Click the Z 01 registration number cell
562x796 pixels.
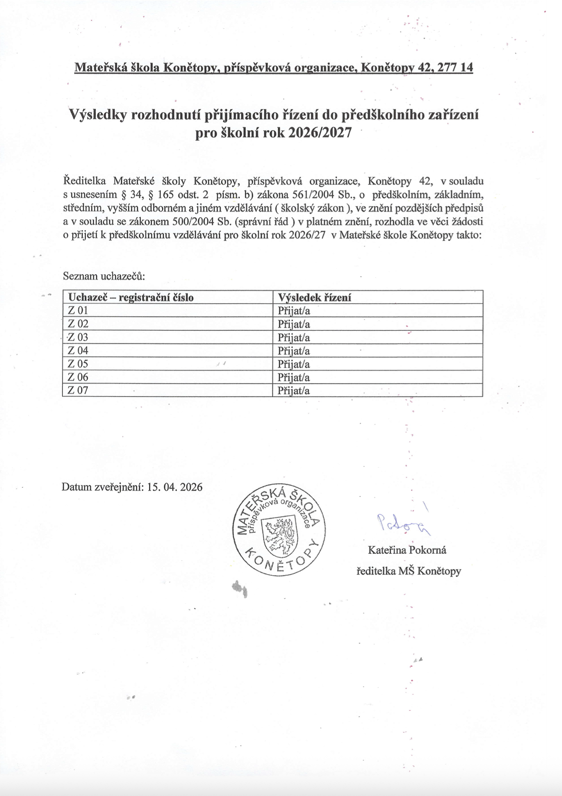78,311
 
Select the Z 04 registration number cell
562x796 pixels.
78,351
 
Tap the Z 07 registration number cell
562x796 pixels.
78,390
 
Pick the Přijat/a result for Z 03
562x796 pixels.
294,338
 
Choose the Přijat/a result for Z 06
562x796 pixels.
294,377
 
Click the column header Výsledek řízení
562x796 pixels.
314,298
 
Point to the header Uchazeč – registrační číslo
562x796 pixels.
131,298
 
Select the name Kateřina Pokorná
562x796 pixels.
407,550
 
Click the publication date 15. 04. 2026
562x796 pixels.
175,487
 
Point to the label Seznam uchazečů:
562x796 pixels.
104,276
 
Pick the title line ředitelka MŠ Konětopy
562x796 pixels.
409,571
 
